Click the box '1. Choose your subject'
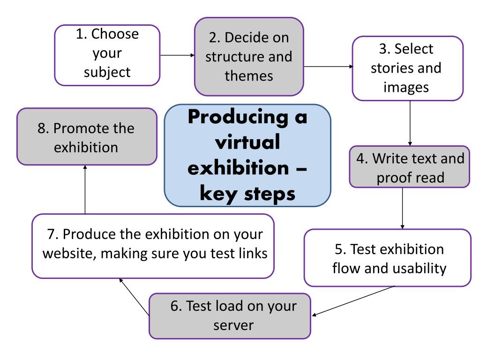[x=107, y=55]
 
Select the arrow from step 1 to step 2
[x=177, y=55]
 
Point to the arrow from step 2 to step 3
[x=329, y=67]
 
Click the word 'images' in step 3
[x=406, y=87]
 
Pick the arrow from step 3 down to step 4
[x=411, y=123]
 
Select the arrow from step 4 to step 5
[x=403, y=208]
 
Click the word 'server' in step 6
[x=233, y=324]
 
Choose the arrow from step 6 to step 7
[x=135, y=297]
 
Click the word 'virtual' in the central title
[x=247, y=142]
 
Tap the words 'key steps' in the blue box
[x=247, y=193]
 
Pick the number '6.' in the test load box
[x=177, y=306]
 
